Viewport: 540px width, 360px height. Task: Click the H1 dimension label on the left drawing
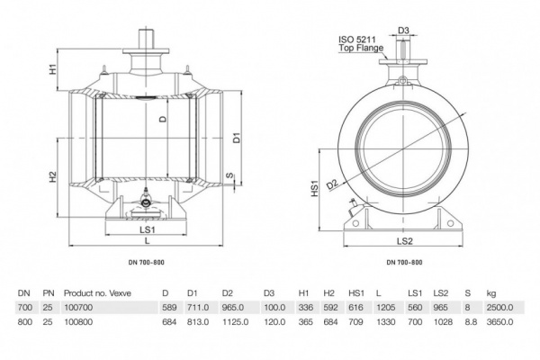tap(54, 68)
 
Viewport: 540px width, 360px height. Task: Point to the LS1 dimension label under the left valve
tap(148, 230)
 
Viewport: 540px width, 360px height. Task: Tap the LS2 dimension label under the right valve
tap(404, 241)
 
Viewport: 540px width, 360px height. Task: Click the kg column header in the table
tap(490, 292)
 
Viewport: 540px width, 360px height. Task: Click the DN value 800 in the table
tap(24, 320)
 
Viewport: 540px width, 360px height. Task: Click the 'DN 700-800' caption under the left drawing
tap(148, 261)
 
